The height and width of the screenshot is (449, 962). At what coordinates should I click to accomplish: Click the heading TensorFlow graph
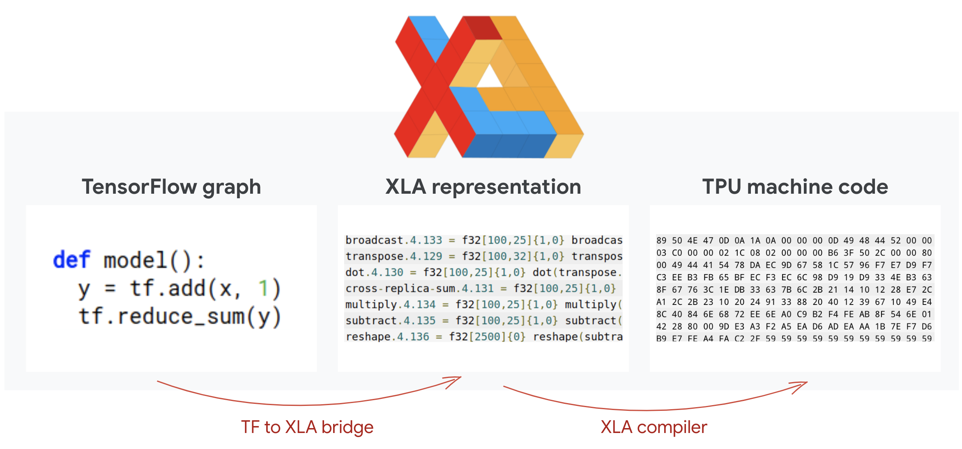tap(171, 187)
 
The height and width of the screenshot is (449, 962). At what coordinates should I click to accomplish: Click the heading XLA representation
tap(483, 187)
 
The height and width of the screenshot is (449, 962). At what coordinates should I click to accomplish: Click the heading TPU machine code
tap(795, 187)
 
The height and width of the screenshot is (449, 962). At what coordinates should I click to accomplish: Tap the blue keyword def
tap(71, 260)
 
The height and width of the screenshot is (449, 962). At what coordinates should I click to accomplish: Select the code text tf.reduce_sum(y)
tap(180, 317)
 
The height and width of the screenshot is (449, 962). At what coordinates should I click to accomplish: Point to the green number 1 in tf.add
tap(263, 288)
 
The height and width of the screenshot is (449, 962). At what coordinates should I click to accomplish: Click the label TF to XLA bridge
tap(307, 427)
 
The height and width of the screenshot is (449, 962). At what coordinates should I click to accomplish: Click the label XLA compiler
tap(654, 427)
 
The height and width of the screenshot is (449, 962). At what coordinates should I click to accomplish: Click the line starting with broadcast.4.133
tap(483, 240)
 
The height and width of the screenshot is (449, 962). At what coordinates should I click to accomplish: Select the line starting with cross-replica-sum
tap(481, 289)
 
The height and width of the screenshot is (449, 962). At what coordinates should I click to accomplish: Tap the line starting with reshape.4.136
tap(483, 337)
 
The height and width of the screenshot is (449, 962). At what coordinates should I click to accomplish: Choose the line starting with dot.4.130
tap(483, 273)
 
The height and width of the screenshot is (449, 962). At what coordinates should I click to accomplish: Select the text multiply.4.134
tap(390, 305)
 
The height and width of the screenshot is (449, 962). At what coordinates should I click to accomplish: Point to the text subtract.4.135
tap(390, 321)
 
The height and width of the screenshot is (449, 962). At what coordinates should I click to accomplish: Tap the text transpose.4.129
tap(394, 257)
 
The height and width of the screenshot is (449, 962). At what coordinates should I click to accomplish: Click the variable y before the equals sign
tap(84, 290)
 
